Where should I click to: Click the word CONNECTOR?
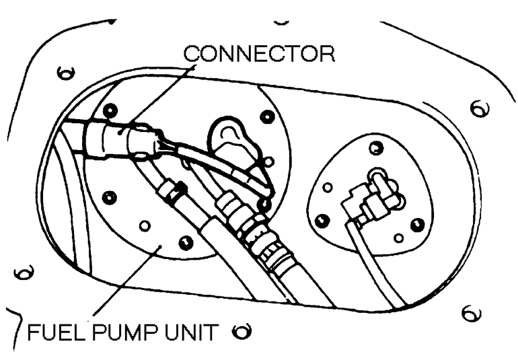(259, 54)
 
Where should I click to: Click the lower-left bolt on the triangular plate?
(322, 220)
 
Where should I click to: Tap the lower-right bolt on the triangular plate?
(418, 223)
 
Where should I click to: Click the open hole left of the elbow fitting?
(328, 186)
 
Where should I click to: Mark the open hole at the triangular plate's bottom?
(399, 238)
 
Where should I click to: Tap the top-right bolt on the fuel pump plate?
(267, 117)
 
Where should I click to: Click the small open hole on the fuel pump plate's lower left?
(143, 225)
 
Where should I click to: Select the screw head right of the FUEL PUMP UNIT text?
(242, 331)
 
